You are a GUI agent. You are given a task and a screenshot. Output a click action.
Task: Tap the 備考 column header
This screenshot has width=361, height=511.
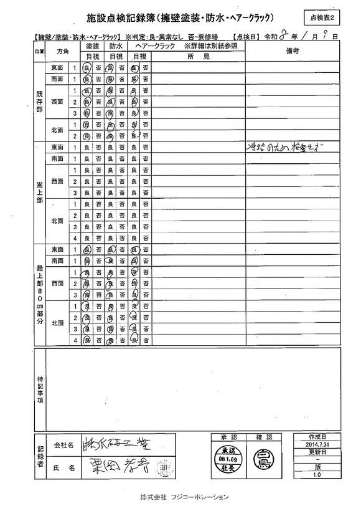(x=293, y=50)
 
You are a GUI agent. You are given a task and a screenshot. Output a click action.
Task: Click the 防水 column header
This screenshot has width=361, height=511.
(x=116, y=46)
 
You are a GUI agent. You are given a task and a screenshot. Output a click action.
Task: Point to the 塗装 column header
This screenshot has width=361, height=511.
(x=92, y=46)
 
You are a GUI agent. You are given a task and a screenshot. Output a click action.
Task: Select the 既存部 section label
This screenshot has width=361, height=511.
(x=39, y=102)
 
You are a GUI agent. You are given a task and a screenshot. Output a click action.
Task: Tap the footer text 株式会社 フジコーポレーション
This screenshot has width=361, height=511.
(x=184, y=497)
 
